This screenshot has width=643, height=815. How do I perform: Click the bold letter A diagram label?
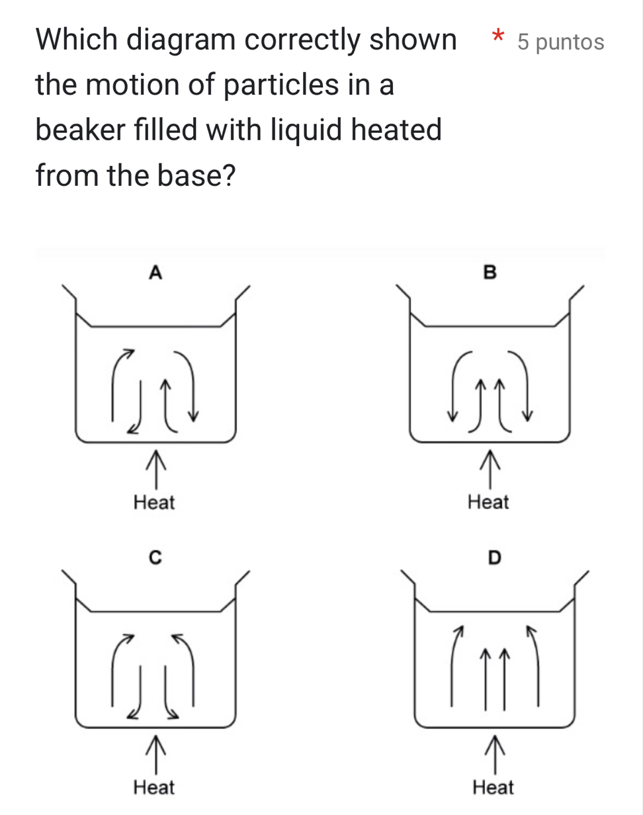pos(155,273)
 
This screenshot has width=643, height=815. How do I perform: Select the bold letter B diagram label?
pos(490,273)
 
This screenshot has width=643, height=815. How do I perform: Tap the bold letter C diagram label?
pos(155,558)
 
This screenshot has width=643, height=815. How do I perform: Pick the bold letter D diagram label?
pos(495,558)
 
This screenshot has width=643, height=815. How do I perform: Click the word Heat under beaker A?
pos(153,503)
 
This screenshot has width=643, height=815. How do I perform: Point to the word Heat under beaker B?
pos(488,502)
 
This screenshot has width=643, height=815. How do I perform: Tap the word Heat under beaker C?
pos(153,787)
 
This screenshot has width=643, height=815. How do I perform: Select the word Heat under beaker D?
pos(493,787)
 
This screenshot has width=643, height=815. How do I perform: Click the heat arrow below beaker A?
pos(155,470)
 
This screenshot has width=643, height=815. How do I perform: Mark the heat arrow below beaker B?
pos(490,470)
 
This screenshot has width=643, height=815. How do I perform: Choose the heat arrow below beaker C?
pos(155,755)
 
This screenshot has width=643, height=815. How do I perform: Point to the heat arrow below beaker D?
pos(495,755)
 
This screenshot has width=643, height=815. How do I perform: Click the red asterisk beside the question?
pos(498,36)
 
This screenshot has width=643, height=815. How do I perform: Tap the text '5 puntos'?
pos(561,42)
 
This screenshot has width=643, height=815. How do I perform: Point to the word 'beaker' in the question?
pos(80,129)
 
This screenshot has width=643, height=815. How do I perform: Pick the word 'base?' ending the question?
pos(196,175)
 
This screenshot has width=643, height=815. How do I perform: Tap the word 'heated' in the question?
pos(396,129)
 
